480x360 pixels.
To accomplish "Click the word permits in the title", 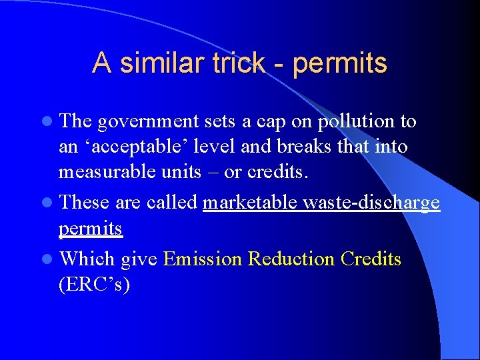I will (339, 63).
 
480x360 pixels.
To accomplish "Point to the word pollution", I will (357, 122).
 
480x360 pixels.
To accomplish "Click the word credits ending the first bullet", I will (278, 171).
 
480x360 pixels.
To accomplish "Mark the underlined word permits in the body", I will (90, 229).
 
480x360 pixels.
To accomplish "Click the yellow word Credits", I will (371, 259).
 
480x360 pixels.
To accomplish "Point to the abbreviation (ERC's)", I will (94, 284).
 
